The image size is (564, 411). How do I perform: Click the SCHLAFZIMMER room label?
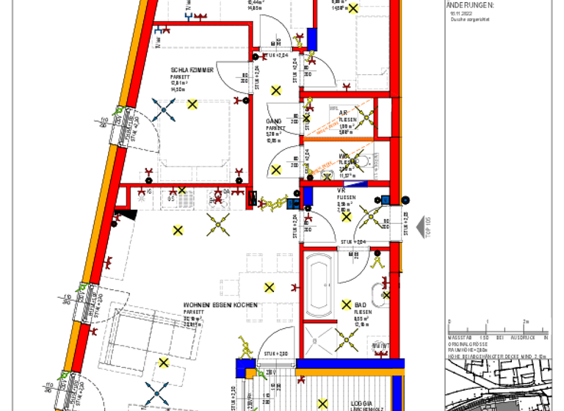(192, 70)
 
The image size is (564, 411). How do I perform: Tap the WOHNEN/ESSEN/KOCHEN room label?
(220, 305)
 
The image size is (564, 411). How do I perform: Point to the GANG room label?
(274, 121)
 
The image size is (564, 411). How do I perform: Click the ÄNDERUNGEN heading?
(470, 4)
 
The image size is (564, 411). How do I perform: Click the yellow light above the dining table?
(270, 287)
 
